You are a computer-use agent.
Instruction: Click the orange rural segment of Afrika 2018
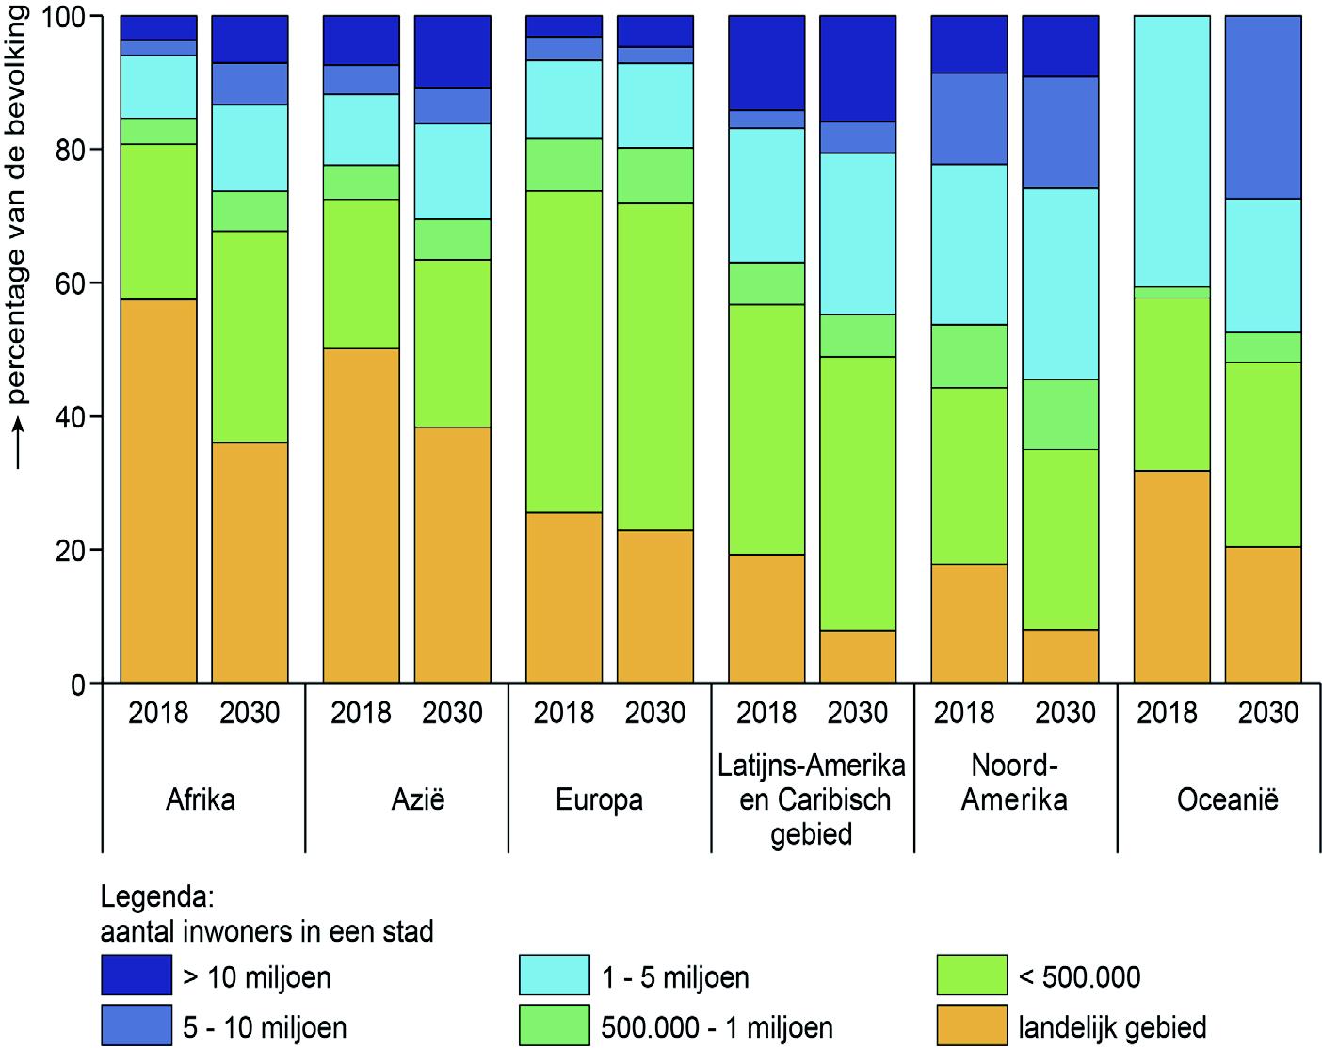click(x=158, y=490)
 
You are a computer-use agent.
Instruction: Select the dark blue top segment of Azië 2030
click(x=452, y=52)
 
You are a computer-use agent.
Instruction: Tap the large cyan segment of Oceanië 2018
click(x=1171, y=151)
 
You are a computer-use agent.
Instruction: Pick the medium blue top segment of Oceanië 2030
click(x=1263, y=107)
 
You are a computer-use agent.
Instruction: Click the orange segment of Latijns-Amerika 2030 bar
click(x=857, y=656)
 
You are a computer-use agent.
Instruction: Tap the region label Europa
click(x=599, y=800)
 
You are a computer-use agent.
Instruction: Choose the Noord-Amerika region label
click(x=1014, y=783)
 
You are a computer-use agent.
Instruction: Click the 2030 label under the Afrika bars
click(x=250, y=713)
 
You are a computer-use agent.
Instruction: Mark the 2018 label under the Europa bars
click(x=563, y=713)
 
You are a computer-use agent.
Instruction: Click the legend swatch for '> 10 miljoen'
click(x=137, y=975)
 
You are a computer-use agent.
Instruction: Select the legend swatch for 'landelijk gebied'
click(x=973, y=1025)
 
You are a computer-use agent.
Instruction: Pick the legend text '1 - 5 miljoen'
click(x=675, y=977)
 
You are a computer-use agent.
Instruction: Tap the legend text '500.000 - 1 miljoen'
click(x=717, y=1027)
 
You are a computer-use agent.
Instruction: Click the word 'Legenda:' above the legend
click(x=158, y=894)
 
